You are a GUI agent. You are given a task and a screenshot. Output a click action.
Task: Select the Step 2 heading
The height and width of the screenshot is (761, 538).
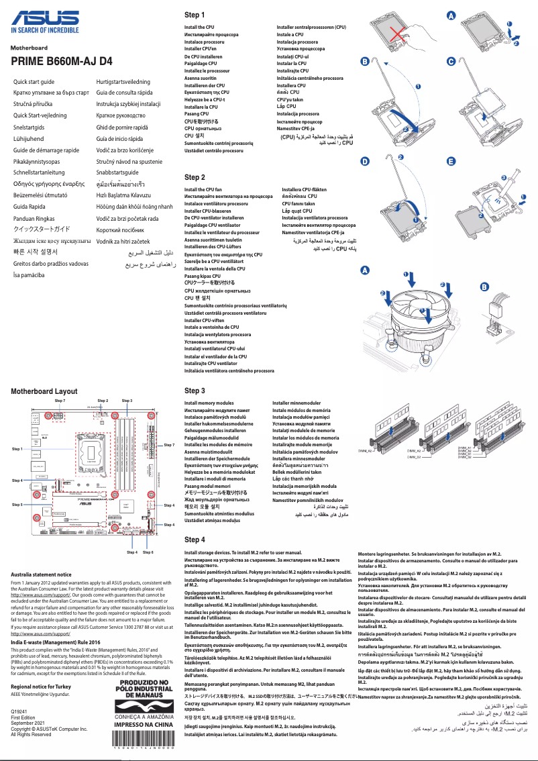[x=195, y=177]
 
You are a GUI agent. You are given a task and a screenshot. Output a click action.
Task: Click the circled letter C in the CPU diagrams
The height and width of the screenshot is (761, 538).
[x=451, y=62]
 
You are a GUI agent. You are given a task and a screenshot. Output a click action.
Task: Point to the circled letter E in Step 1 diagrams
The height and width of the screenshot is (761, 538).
[x=451, y=162]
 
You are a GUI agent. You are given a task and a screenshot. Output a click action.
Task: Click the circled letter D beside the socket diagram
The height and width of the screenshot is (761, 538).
[x=365, y=162]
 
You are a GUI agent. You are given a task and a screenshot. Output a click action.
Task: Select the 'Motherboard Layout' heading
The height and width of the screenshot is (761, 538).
[x=44, y=391]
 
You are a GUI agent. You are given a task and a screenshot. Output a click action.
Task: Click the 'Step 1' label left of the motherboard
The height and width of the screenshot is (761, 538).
[x=17, y=448]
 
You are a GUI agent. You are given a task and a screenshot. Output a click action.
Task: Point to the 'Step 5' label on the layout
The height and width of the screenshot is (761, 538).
[x=17, y=504]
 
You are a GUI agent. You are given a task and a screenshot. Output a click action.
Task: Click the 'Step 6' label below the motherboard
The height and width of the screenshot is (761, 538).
[x=148, y=552]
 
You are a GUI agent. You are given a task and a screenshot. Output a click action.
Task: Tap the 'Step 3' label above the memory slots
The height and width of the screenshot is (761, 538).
[x=127, y=401]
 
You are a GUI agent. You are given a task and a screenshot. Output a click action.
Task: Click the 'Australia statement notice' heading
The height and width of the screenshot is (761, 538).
[x=42, y=574]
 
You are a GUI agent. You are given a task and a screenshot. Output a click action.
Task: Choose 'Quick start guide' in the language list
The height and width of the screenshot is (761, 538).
[x=35, y=81]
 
